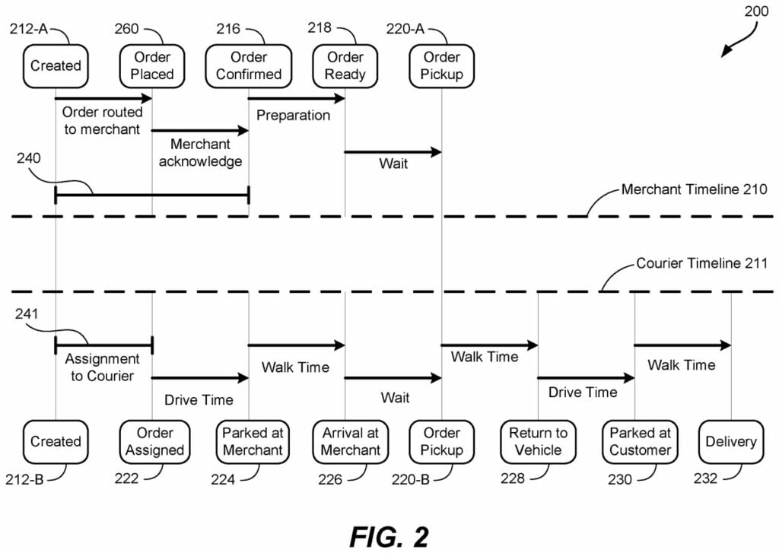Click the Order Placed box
[x=152, y=65]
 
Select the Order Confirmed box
[x=249, y=65]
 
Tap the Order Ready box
[x=345, y=65]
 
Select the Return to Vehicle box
[x=538, y=441]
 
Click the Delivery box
[x=730, y=441]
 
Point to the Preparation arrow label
[x=293, y=116]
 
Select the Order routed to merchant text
[x=103, y=121]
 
